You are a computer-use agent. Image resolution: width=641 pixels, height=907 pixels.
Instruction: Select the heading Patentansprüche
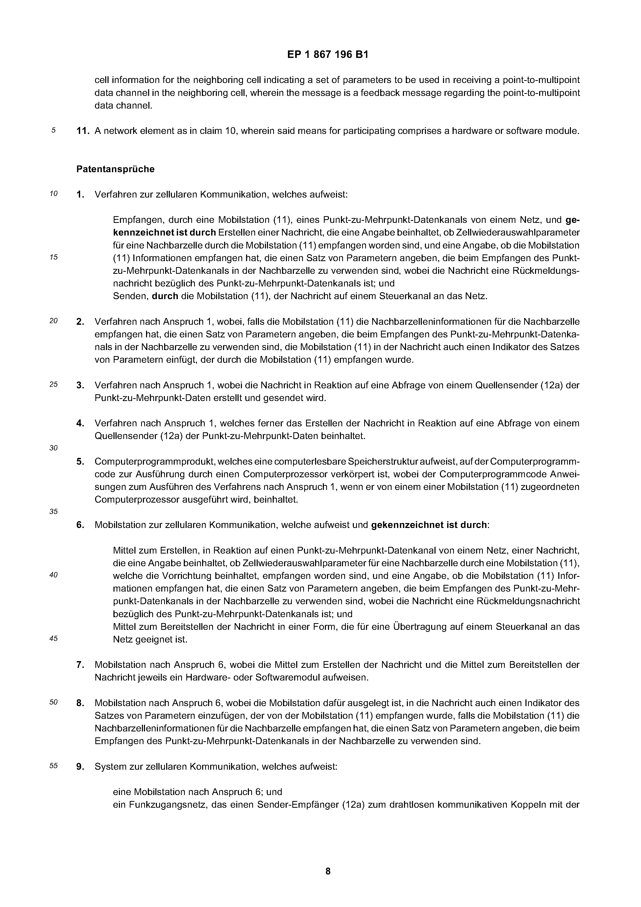point(115,169)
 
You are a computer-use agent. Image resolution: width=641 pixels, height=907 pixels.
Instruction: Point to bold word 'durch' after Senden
point(165,296)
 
